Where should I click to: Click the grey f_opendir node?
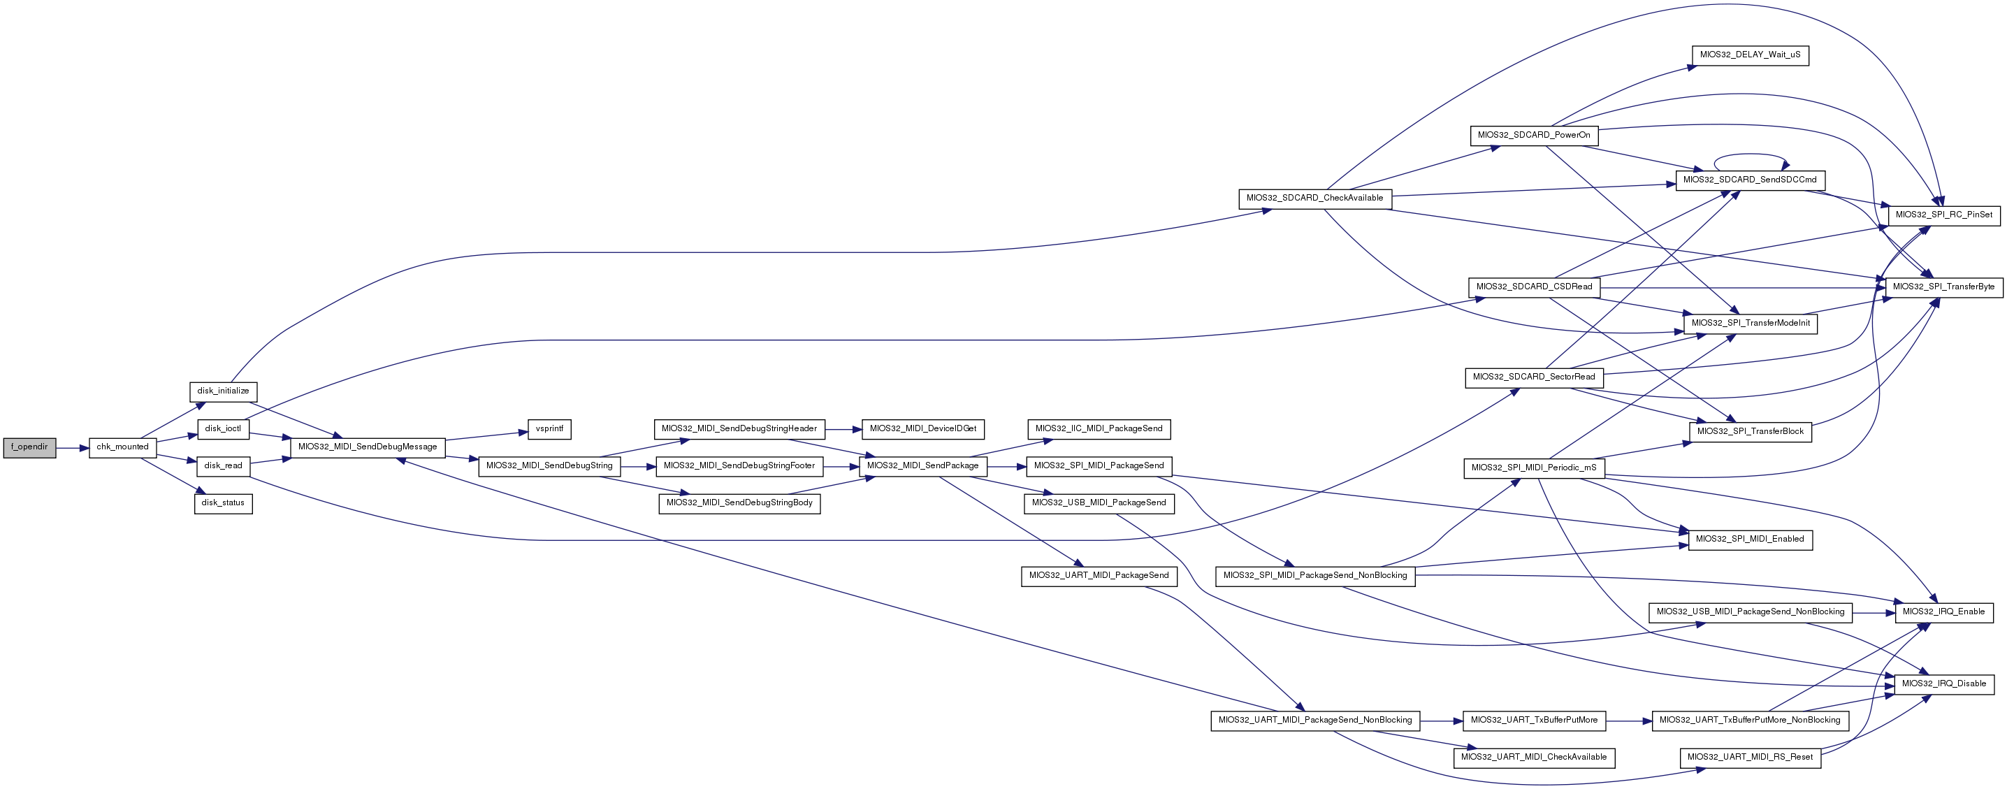(29, 448)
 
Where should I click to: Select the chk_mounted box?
(122, 448)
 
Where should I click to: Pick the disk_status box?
(223, 503)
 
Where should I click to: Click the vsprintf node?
(549, 429)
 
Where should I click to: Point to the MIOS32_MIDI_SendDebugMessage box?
(368, 448)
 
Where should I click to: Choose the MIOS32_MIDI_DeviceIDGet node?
(922, 429)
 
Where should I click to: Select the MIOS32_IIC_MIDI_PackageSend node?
(1099, 429)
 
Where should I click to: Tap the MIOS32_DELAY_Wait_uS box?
(1750, 56)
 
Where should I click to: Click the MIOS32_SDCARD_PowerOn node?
(1533, 136)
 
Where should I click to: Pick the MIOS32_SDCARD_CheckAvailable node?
(1314, 198)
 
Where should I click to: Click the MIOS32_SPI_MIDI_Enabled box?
(1750, 540)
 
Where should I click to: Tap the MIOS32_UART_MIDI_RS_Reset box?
(1750, 758)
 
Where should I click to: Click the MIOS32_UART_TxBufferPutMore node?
(1533, 721)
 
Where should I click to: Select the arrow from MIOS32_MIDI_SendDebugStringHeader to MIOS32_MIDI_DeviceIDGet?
(843, 429)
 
